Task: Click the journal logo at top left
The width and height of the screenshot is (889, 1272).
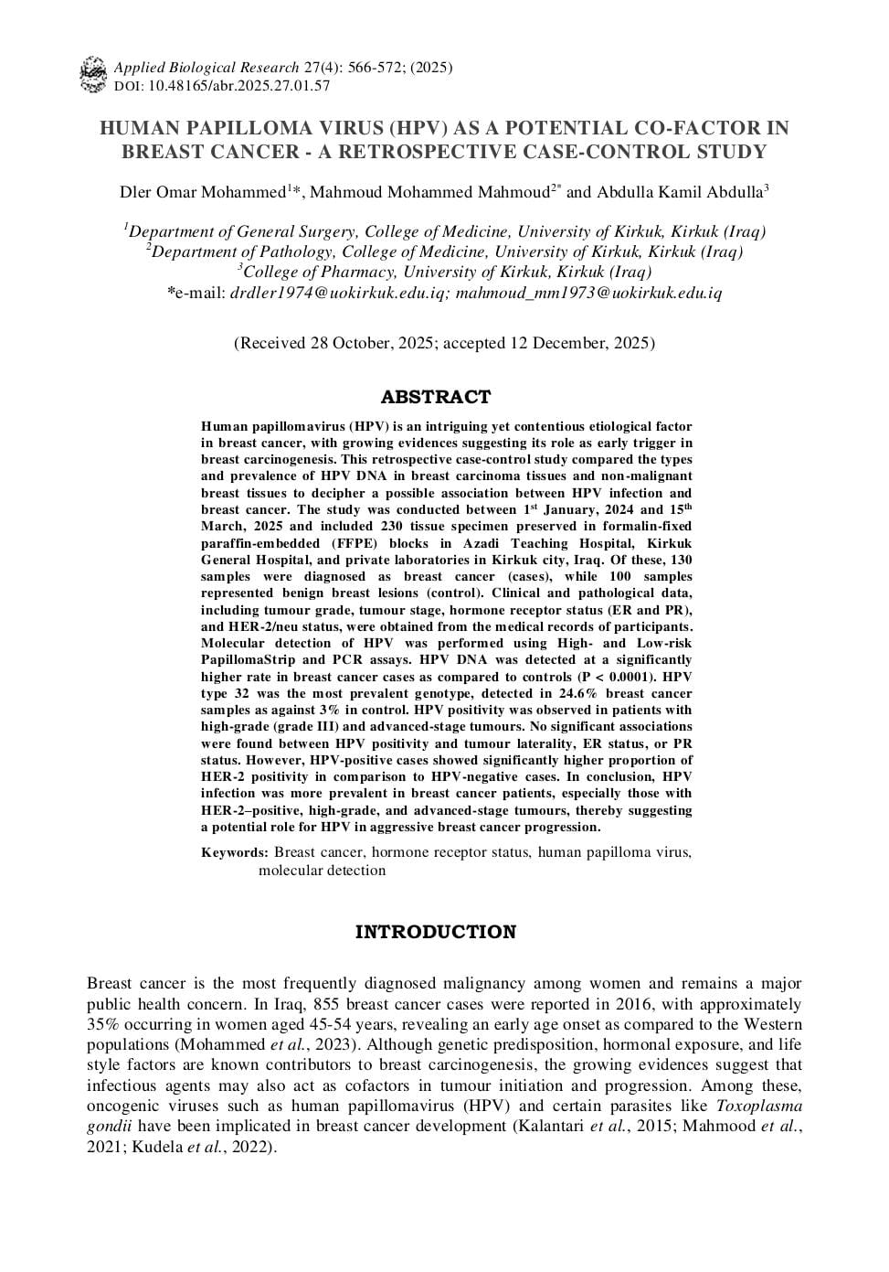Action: pyautogui.click(x=92, y=75)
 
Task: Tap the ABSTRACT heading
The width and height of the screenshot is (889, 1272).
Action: pyautogui.click(x=436, y=397)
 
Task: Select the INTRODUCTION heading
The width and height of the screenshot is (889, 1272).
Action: pyautogui.click(x=436, y=932)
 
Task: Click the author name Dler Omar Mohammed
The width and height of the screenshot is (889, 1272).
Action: pyautogui.click(x=203, y=192)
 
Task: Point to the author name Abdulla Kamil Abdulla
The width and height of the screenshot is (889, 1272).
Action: pyautogui.click(x=680, y=192)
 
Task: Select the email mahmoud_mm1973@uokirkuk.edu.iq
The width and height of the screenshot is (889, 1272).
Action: pyautogui.click(x=588, y=294)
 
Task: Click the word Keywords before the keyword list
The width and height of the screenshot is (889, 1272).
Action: pyautogui.click(x=234, y=852)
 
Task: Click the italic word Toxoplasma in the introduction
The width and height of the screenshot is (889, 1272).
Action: pyautogui.click(x=759, y=1106)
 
